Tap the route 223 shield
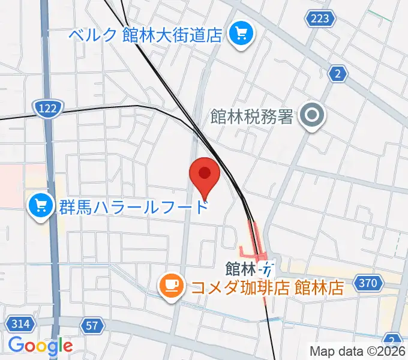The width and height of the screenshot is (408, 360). (320, 19)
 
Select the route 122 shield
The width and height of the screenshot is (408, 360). (47, 109)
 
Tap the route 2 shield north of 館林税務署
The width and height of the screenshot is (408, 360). (339, 74)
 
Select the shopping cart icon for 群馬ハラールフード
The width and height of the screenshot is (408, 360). (40, 207)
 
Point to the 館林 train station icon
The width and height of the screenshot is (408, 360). (268, 266)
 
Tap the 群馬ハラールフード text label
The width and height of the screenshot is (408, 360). (133, 207)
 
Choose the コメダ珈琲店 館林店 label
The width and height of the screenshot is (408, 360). (266, 287)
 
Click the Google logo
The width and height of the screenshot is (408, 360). (40, 346)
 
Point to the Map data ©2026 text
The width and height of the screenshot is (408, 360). (358, 350)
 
